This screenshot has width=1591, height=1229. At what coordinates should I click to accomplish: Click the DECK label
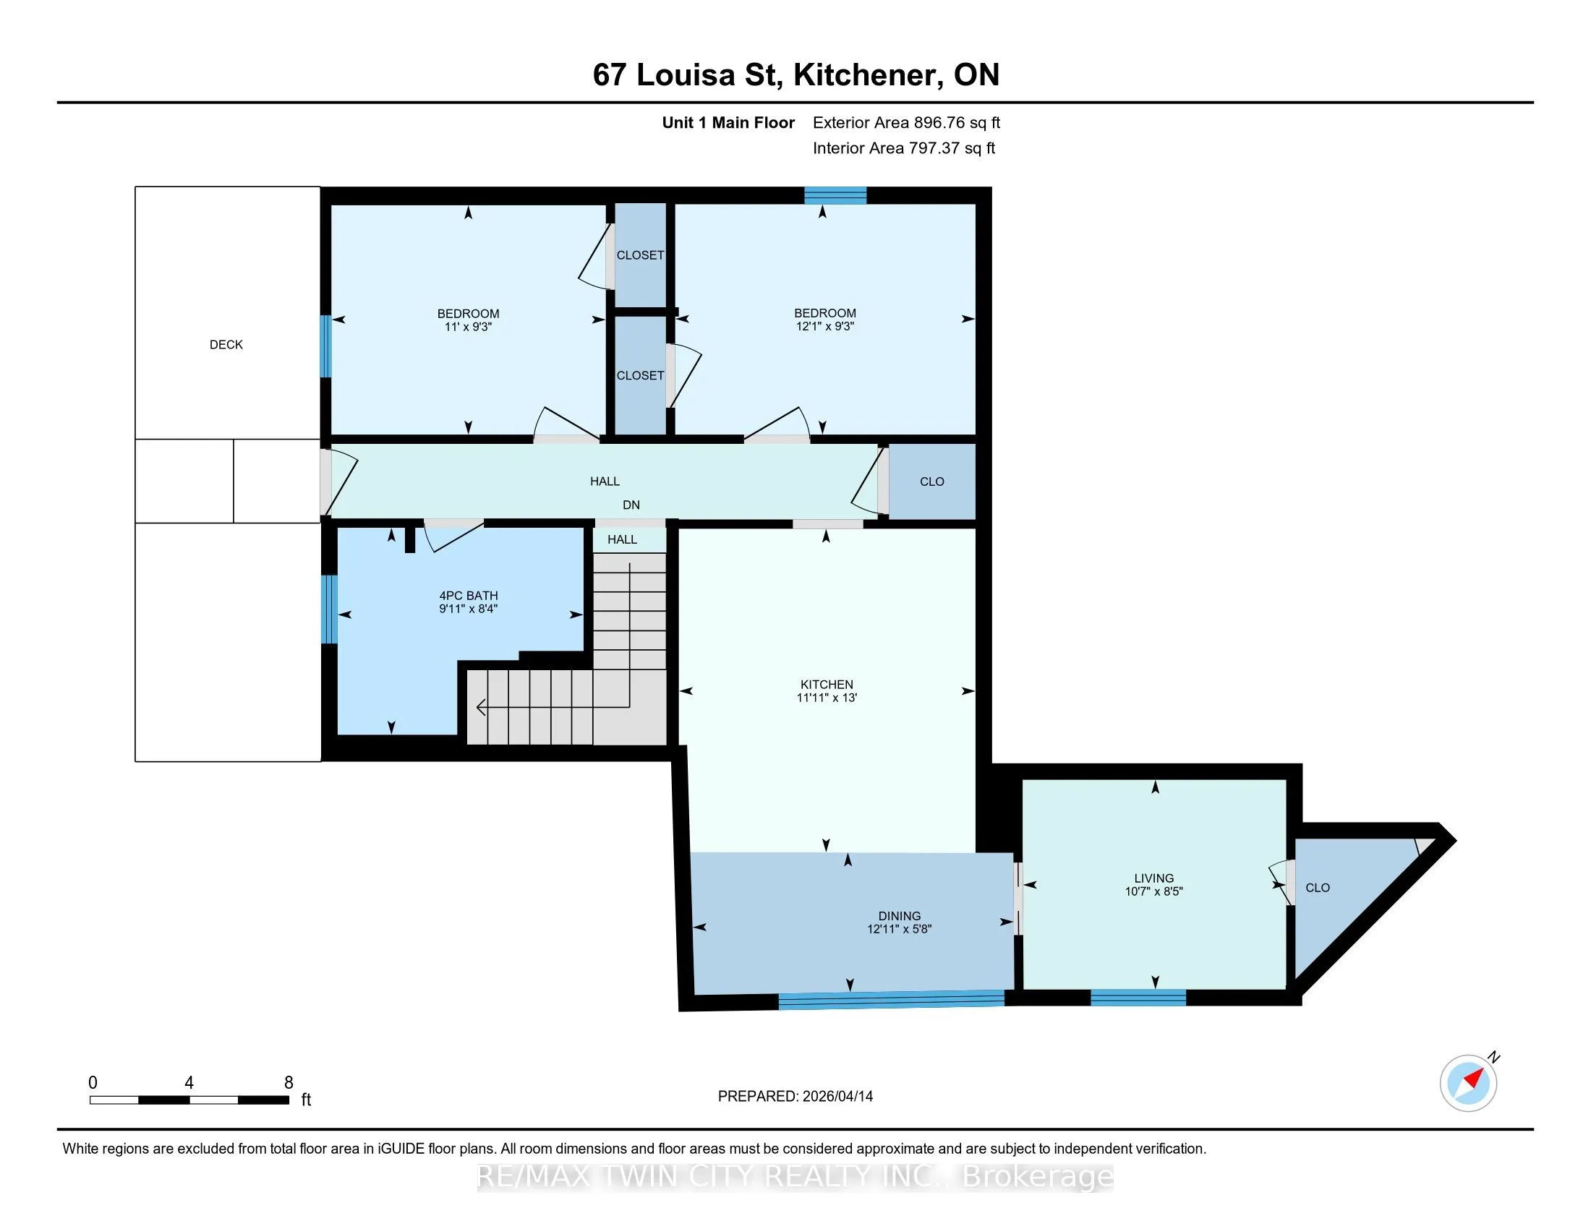pyautogui.click(x=226, y=344)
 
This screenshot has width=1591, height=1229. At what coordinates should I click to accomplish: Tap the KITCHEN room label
pyautogui.click(x=826, y=685)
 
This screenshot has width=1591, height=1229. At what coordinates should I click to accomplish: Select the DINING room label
pyautogui.click(x=899, y=916)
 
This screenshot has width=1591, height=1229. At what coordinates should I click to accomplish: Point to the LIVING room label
pyautogui.click(x=1154, y=878)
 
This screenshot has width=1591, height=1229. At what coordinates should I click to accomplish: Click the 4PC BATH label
pyautogui.click(x=469, y=596)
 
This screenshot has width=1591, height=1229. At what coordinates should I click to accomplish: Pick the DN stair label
pyautogui.click(x=631, y=505)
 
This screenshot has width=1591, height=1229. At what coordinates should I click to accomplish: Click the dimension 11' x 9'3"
pyautogui.click(x=469, y=327)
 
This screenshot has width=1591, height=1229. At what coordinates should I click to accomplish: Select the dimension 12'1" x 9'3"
pyautogui.click(x=824, y=326)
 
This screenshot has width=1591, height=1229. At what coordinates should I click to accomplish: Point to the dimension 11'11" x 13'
pyautogui.click(x=826, y=698)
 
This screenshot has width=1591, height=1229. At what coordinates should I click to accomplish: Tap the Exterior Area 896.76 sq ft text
pyautogui.click(x=906, y=122)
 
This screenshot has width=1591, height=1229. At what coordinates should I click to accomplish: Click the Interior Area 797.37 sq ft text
pyautogui.click(x=903, y=147)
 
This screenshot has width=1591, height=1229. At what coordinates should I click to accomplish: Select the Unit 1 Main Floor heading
pyautogui.click(x=728, y=122)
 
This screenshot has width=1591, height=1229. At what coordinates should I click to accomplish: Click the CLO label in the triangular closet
pyautogui.click(x=1317, y=888)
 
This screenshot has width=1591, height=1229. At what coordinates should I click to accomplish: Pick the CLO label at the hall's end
pyautogui.click(x=931, y=481)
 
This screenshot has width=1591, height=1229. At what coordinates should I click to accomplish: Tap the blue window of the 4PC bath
pyautogui.click(x=329, y=609)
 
